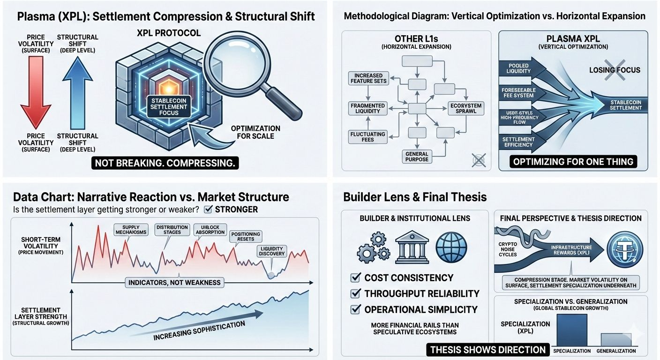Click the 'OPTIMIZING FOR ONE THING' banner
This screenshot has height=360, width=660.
click(573, 162)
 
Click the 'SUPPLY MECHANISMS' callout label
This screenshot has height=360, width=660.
click(131, 230)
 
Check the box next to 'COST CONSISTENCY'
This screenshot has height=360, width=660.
click(355, 278)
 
